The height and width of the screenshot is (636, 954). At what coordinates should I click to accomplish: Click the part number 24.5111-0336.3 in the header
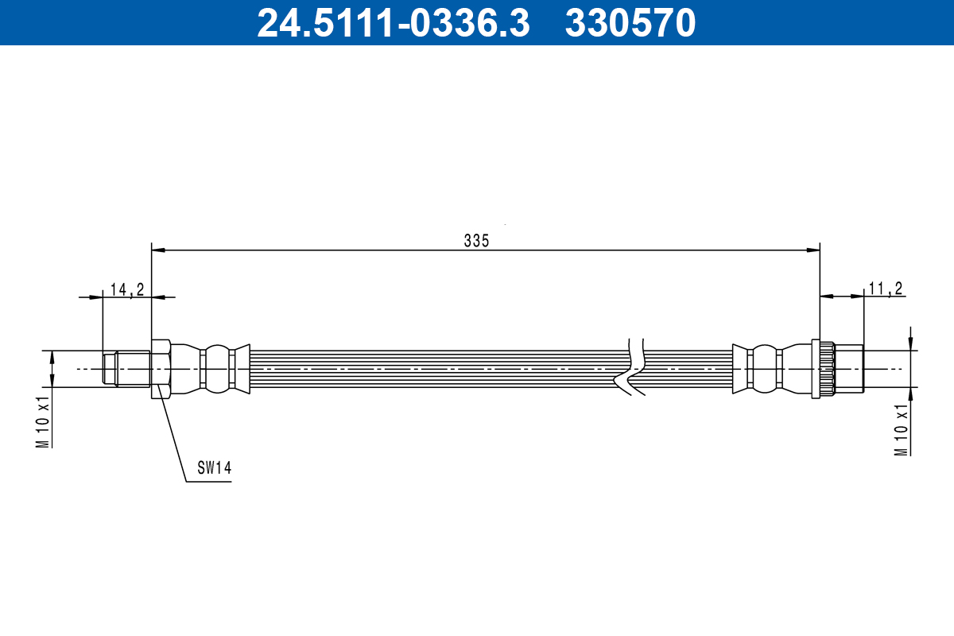click(x=393, y=23)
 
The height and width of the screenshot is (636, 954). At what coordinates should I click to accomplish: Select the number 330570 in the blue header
click(x=630, y=23)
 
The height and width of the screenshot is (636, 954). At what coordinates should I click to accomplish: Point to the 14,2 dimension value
click(x=126, y=289)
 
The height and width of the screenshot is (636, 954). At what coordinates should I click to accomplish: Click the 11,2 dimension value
click(x=885, y=289)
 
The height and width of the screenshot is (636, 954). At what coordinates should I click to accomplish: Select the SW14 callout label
click(x=213, y=469)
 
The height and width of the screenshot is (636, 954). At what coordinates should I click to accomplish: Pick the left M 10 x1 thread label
click(x=43, y=421)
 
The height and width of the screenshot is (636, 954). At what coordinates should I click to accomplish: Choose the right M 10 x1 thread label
click(x=901, y=429)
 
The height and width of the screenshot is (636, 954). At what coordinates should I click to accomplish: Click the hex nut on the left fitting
click(x=161, y=369)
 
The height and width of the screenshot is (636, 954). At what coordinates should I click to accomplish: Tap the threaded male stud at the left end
click(x=127, y=369)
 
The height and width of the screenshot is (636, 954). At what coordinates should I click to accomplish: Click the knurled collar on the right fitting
click(x=823, y=369)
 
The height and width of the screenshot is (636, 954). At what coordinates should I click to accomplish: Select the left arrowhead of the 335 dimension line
click(x=158, y=250)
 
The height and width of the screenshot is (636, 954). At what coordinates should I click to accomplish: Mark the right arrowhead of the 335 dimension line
click(x=813, y=250)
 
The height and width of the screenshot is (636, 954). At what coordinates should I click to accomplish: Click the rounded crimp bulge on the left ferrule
click(x=216, y=369)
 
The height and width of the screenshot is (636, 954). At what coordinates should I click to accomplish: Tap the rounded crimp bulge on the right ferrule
click(x=763, y=369)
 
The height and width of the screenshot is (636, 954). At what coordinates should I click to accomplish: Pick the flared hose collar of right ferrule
click(x=740, y=369)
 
